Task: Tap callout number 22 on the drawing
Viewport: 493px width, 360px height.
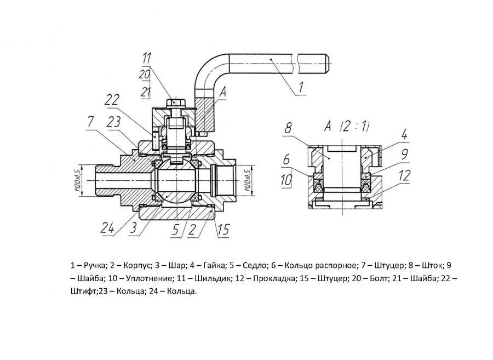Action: pyautogui.click(x=112, y=100)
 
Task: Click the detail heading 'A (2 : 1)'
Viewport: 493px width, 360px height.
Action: pyautogui.click(x=348, y=126)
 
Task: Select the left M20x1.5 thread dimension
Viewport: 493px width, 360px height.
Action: pyautogui.click(x=79, y=179)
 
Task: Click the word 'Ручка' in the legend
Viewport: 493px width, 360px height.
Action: pyautogui.click(x=91, y=266)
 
